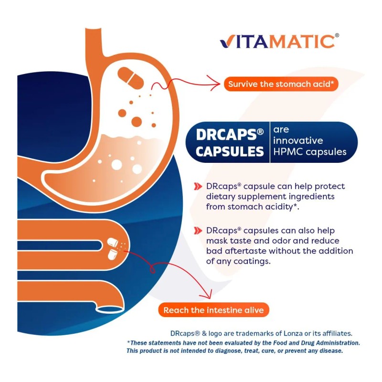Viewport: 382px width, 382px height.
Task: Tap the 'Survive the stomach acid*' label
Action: [283, 85]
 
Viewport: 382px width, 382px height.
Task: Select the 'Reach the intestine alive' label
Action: [213, 310]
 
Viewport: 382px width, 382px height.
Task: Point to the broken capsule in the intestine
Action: [114, 248]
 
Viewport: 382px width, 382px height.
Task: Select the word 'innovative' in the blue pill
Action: [298, 141]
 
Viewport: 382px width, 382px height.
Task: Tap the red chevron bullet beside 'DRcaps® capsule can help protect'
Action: [198, 186]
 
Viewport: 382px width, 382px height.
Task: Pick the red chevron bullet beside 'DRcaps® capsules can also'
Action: [198, 231]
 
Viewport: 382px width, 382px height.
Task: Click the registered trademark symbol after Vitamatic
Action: [337, 35]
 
